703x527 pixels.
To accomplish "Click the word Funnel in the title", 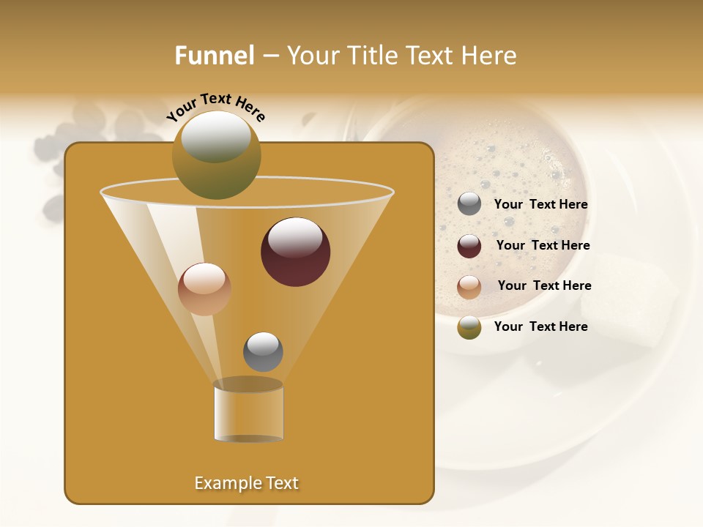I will pyautogui.click(x=215, y=56).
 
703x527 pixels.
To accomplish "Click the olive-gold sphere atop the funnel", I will pyautogui.click(x=216, y=154).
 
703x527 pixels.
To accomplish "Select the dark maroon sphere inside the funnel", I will pyautogui.click(x=295, y=252).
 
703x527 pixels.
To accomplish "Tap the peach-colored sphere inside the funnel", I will pyautogui.click(x=204, y=289).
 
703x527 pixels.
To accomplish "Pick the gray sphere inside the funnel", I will pyautogui.click(x=263, y=351).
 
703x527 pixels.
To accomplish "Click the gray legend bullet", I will pyautogui.click(x=469, y=204).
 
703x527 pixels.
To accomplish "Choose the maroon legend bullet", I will pyautogui.click(x=469, y=246).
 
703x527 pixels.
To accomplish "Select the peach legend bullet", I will pyautogui.click(x=469, y=286).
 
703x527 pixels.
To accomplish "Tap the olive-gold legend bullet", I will pyautogui.click(x=469, y=327).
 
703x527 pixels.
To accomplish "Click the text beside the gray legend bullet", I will pyautogui.click(x=540, y=205).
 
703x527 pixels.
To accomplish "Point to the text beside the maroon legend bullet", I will pyautogui.click(x=543, y=246).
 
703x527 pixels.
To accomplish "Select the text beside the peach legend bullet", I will pyautogui.click(x=544, y=286).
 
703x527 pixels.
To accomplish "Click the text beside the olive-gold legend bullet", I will pyautogui.click(x=540, y=327).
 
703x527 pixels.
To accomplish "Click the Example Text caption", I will pyautogui.click(x=246, y=483).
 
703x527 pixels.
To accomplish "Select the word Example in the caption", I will pyautogui.click(x=223, y=483).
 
